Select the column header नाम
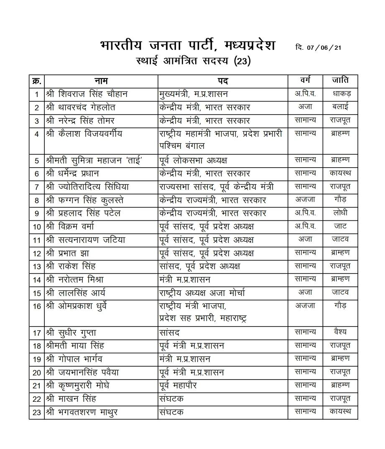point(101,81)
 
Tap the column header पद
point(222,81)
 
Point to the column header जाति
point(340,80)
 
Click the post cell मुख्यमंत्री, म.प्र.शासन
point(193,94)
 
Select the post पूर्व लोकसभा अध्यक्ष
point(193,160)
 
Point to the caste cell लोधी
point(340,213)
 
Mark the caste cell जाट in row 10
point(340,226)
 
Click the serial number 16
point(37,306)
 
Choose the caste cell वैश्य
point(340,332)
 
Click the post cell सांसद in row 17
point(169,333)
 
